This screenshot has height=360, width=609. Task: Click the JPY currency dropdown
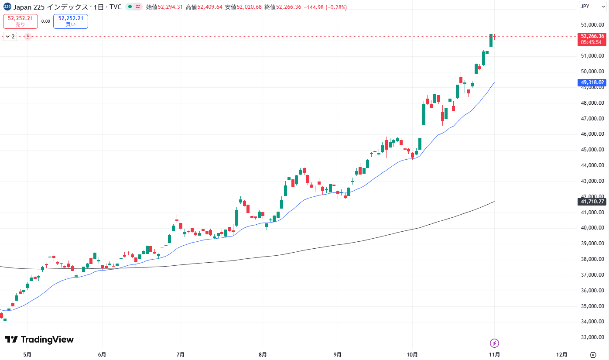coord(592,7)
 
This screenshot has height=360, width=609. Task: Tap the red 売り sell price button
coord(21,21)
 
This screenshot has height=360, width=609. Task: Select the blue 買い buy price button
coord(71,21)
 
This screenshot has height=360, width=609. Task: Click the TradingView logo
coord(39,339)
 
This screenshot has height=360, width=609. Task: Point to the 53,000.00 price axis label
coord(592,25)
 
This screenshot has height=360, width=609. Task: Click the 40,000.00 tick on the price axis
coord(592,228)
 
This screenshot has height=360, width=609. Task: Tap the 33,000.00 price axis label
coord(592,337)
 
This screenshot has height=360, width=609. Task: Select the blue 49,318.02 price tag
coord(592,82)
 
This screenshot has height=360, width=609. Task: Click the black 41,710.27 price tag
coord(592,201)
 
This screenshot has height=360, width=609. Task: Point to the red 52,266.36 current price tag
coord(592,39)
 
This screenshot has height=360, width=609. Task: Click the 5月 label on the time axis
coord(27,354)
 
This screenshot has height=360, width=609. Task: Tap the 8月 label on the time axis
coord(263,354)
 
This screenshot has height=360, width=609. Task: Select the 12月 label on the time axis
coord(562,354)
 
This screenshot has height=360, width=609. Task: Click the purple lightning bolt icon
coord(494,343)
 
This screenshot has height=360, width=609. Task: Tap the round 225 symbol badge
coord(7,7)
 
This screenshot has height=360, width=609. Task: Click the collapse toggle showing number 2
coord(10,37)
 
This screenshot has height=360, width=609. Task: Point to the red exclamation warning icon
coord(28,37)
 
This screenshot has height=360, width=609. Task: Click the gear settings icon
coord(592,354)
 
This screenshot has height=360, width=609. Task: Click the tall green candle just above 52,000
coord(491,40)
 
